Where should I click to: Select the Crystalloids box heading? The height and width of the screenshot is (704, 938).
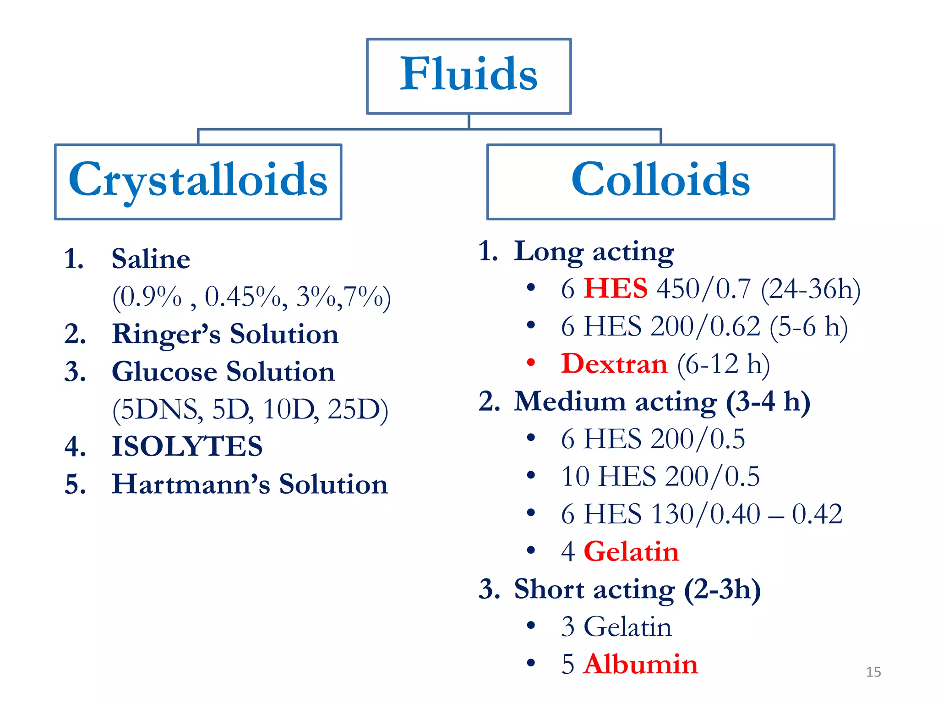198,180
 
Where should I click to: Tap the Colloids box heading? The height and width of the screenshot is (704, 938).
660,180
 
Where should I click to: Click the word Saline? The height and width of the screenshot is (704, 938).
151,259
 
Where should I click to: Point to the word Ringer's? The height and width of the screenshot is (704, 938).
166,334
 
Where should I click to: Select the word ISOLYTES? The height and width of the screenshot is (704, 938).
187,446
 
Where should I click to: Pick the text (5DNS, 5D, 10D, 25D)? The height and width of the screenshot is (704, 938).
250,409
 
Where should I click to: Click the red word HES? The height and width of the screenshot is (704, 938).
615,289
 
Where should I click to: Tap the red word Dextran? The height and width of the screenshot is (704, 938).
614,364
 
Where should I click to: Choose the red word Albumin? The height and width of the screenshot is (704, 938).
641,664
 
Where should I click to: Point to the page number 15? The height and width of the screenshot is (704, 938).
873,672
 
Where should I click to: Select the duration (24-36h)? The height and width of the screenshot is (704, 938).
810,289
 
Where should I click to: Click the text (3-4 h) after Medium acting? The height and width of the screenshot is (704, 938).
768,401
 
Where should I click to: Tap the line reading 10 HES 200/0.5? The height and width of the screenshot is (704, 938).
660,476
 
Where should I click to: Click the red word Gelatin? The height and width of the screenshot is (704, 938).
631,551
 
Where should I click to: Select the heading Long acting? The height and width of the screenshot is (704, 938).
594,252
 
